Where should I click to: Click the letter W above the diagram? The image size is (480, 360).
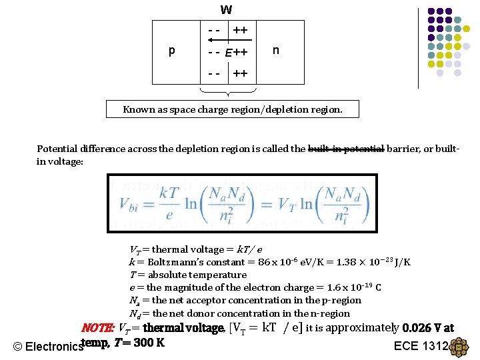(x=227, y=10)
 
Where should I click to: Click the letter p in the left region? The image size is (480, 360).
(x=172, y=51)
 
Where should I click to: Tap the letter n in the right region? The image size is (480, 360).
(x=275, y=50)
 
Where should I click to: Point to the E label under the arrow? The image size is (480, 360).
(x=228, y=53)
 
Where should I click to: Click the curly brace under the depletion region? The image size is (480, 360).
(x=228, y=91)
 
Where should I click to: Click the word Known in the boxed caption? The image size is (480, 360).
(x=139, y=109)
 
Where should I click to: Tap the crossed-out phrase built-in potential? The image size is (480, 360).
(x=346, y=149)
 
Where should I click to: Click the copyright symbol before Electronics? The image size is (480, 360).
(x=18, y=347)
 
